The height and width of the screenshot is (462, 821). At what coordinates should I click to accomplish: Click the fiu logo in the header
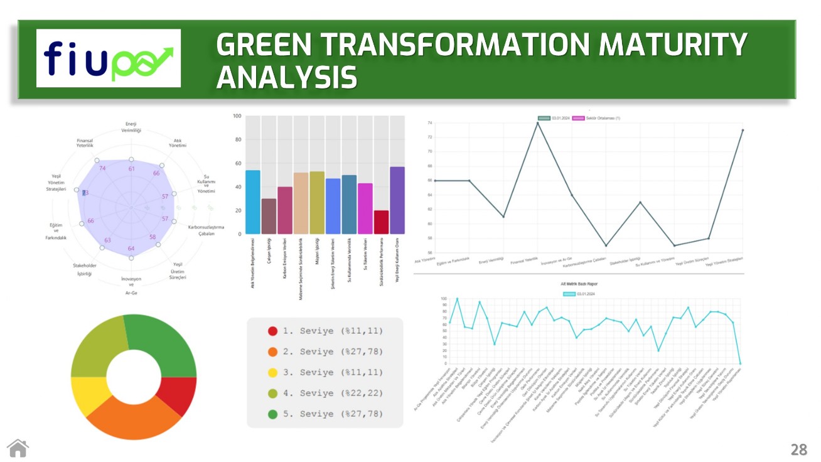point(109,58)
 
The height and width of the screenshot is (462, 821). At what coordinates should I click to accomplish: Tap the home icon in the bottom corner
point(18,448)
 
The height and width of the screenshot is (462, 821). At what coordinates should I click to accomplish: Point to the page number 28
point(798,449)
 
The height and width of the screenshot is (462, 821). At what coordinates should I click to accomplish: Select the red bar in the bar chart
point(381,222)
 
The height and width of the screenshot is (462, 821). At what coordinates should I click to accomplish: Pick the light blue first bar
point(253,202)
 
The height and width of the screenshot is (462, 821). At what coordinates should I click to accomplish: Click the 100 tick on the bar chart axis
point(237,116)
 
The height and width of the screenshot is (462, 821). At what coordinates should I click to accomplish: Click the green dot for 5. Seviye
point(272,414)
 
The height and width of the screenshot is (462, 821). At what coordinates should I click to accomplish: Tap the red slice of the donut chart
point(180,395)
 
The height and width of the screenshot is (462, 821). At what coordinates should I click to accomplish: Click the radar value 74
point(102,168)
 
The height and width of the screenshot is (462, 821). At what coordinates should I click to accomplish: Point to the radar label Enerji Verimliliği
point(131,127)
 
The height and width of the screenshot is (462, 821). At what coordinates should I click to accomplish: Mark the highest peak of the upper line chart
point(537,123)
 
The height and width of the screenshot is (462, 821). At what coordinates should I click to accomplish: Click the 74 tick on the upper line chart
point(429,123)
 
